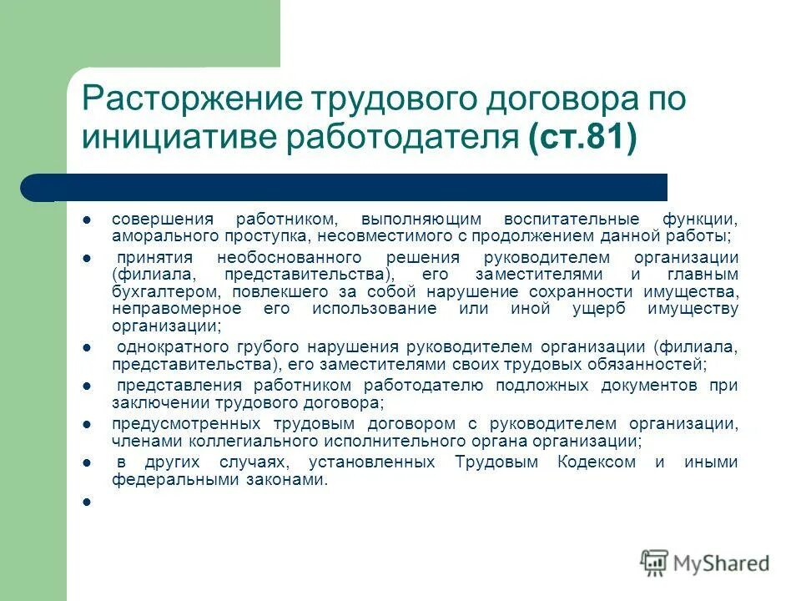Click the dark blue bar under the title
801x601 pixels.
[359, 187]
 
